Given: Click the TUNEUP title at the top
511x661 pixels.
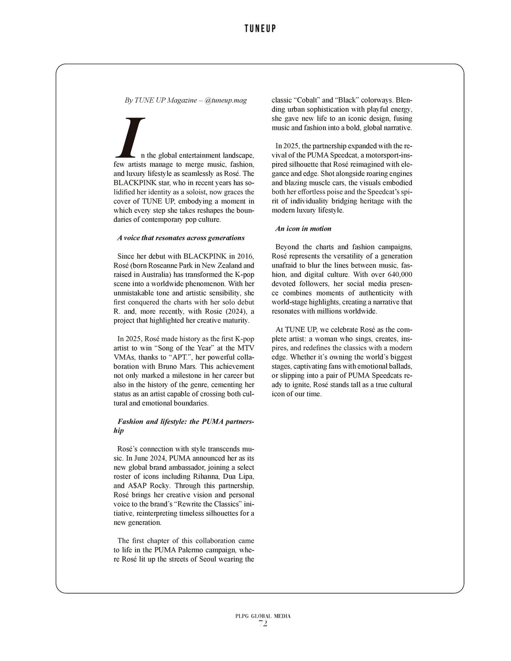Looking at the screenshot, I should point(260,29).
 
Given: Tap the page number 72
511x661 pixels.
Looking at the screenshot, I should point(263,624).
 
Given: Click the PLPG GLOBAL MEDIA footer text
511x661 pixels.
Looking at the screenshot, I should point(263,616).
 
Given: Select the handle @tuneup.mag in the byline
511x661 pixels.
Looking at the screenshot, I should point(226,100).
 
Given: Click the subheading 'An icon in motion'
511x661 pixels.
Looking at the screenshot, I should point(303,229).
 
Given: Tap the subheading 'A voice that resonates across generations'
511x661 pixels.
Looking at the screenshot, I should point(181,238).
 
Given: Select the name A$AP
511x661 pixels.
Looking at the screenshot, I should point(137,486).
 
